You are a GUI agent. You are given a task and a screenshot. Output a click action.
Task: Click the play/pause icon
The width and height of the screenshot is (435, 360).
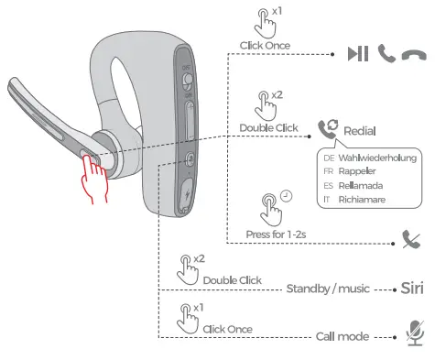pyautogui.click(x=359, y=53)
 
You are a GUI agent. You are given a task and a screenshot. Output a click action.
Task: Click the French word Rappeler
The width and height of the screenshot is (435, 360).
pyautogui.click(x=358, y=170)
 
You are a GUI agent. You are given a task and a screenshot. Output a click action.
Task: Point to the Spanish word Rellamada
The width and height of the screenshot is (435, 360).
pyautogui.click(x=362, y=184)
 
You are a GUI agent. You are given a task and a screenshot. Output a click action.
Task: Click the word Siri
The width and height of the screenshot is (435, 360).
pyautogui.click(x=412, y=287)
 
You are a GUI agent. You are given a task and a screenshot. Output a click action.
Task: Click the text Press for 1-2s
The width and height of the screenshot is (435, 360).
pyautogui.click(x=275, y=234)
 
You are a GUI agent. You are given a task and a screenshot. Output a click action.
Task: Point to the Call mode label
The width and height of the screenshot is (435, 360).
pyautogui.click(x=342, y=336)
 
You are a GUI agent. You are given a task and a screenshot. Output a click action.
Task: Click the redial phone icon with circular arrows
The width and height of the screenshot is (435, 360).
pyautogui.click(x=327, y=130)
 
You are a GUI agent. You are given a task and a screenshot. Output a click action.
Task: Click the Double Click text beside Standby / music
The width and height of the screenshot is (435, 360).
pyautogui.click(x=233, y=279)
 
